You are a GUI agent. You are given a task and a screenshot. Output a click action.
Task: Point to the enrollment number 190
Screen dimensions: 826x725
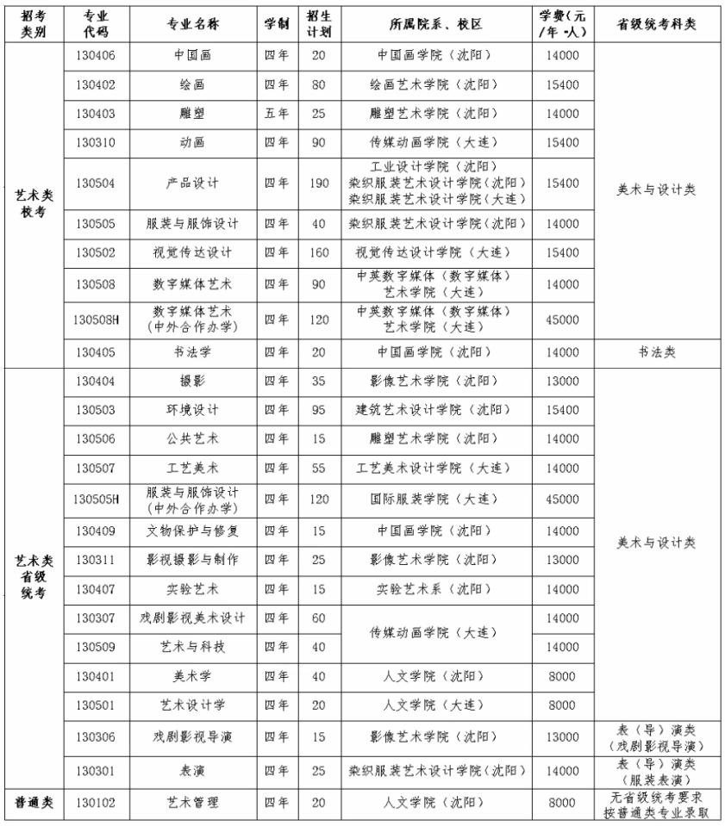point(318,183)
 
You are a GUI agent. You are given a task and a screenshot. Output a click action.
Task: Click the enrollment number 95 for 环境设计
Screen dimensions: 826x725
point(318,409)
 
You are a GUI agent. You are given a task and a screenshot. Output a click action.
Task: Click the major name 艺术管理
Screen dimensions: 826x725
point(192,803)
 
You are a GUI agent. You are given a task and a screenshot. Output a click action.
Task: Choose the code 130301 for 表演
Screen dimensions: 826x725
point(96,770)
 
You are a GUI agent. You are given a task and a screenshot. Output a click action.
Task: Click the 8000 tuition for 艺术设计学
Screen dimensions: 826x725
point(562,705)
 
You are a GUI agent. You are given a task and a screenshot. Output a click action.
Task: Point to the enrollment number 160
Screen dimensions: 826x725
point(318,253)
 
